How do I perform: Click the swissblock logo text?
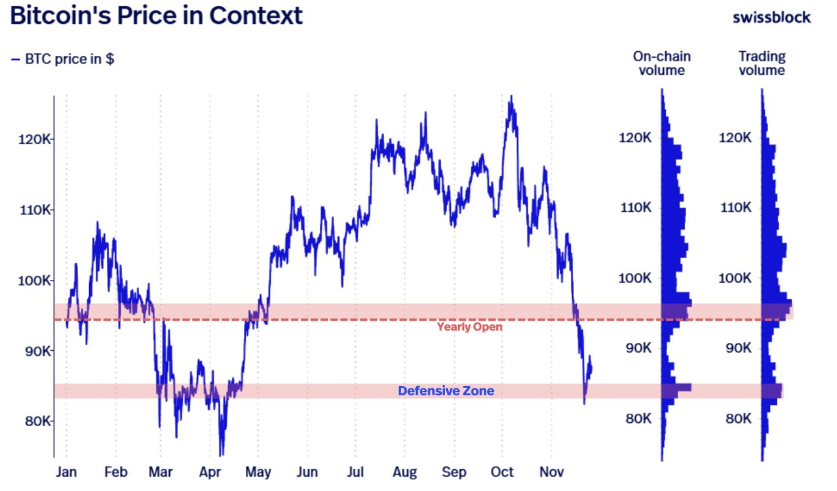(x=771, y=18)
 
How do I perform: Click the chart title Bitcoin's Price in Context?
(x=156, y=15)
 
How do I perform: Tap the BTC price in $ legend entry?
(x=63, y=59)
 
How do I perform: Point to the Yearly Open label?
(x=470, y=327)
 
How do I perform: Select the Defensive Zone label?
(x=446, y=391)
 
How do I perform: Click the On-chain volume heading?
(x=661, y=63)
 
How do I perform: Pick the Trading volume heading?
(x=762, y=63)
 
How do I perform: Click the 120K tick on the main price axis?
(x=35, y=140)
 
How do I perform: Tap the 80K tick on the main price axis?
(x=37, y=421)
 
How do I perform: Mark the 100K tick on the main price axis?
(x=35, y=281)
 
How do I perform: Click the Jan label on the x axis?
(x=66, y=472)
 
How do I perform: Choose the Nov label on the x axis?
(x=551, y=472)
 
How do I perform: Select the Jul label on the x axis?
(x=355, y=472)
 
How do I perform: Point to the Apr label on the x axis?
(x=210, y=472)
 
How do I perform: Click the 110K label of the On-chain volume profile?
(x=635, y=208)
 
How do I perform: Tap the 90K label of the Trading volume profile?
(x=738, y=348)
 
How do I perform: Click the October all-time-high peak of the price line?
(x=511, y=97)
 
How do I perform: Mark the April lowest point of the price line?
(x=221, y=454)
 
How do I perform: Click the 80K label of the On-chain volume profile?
(x=638, y=419)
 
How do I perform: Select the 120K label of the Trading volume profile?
(x=735, y=138)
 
